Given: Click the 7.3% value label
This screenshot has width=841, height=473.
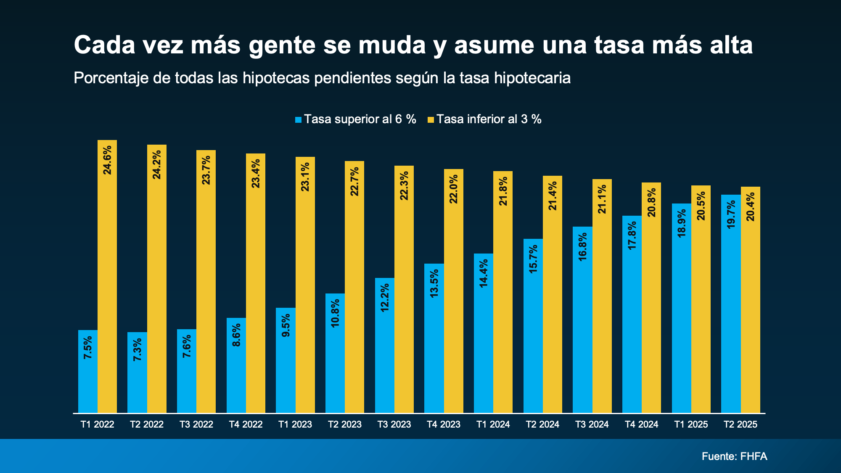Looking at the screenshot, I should (x=138, y=349).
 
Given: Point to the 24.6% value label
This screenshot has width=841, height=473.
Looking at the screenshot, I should (x=108, y=160).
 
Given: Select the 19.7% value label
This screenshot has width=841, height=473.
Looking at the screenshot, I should (x=731, y=214).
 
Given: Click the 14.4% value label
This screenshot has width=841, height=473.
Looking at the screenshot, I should (x=484, y=273).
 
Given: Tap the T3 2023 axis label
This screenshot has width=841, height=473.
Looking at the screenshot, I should (x=394, y=425).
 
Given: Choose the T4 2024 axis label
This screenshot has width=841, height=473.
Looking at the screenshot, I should (x=641, y=425).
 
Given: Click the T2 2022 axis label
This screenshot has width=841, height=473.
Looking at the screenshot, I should (x=147, y=425).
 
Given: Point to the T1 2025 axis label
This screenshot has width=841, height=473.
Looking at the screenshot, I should (x=691, y=425).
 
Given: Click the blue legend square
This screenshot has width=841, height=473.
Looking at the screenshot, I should (x=299, y=120).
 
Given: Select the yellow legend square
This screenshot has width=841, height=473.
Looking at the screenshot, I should (x=431, y=120).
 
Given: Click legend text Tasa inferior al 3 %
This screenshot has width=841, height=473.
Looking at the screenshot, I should (x=489, y=119).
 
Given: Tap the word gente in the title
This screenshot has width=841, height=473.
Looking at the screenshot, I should (x=282, y=45).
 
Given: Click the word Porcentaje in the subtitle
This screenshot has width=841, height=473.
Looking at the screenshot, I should (x=111, y=78).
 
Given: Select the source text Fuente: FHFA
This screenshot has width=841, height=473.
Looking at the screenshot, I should (x=734, y=456).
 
